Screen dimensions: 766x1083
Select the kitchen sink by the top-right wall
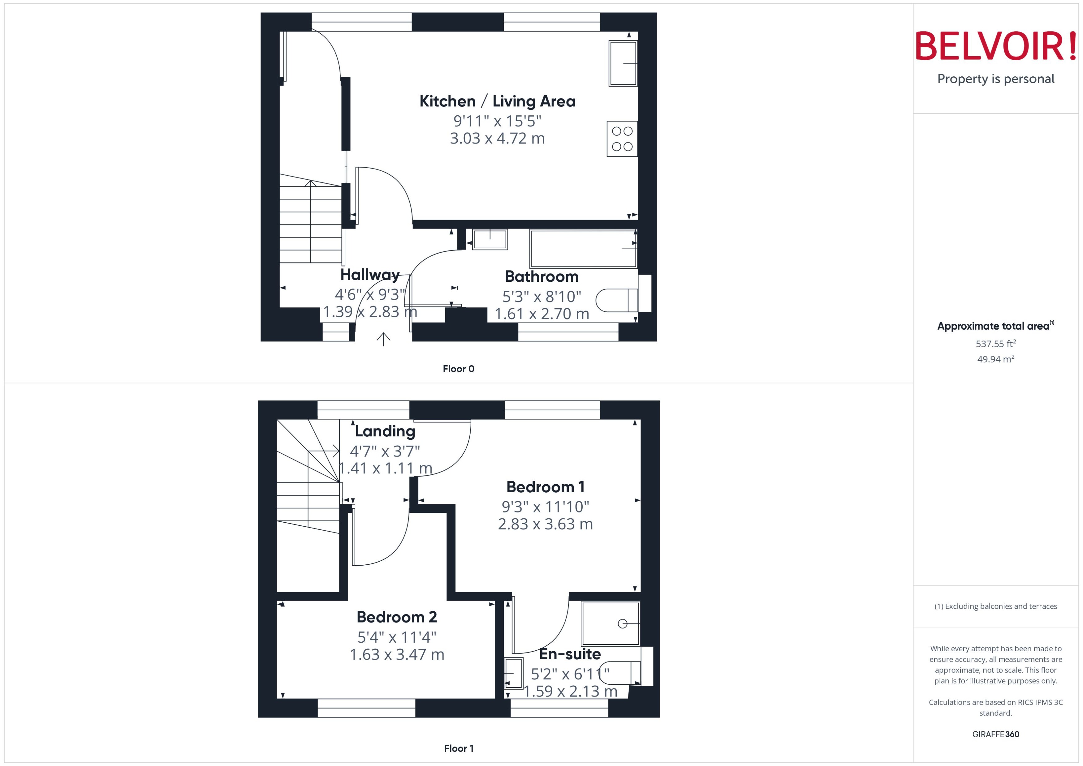click(623, 63)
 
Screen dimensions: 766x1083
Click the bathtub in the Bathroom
click(583, 249)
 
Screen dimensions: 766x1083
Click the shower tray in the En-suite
click(611, 623)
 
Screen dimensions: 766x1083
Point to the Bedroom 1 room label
click(545, 487)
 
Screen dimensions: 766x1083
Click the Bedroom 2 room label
click(396, 617)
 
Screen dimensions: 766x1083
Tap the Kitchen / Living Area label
click(497, 101)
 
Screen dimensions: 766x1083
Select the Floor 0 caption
click(458, 369)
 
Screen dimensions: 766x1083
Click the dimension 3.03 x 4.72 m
click(497, 139)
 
